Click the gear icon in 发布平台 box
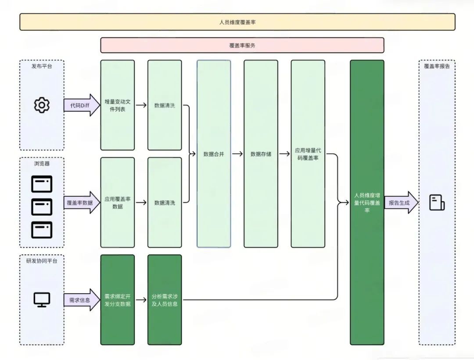click(x=42, y=105)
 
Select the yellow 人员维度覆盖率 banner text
click(x=237, y=22)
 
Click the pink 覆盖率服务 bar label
click(x=242, y=45)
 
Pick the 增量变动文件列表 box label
click(x=118, y=105)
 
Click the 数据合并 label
click(x=214, y=154)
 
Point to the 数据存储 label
click(x=261, y=154)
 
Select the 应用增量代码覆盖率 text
click(x=308, y=154)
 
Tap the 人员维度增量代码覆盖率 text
click(x=367, y=202)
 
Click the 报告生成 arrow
click(x=402, y=202)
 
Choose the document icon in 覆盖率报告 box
click(x=437, y=202)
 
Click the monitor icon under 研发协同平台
click(x=42, y=300)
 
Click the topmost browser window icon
click(x=42, y=184)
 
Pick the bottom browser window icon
click(x=42, y=230)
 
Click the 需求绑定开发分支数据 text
click(x=118, y=300)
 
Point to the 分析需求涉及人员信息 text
click(x=165, y=300)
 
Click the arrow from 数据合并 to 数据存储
click(x=237, y=154)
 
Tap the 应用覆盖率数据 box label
click(x=118, y=202)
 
